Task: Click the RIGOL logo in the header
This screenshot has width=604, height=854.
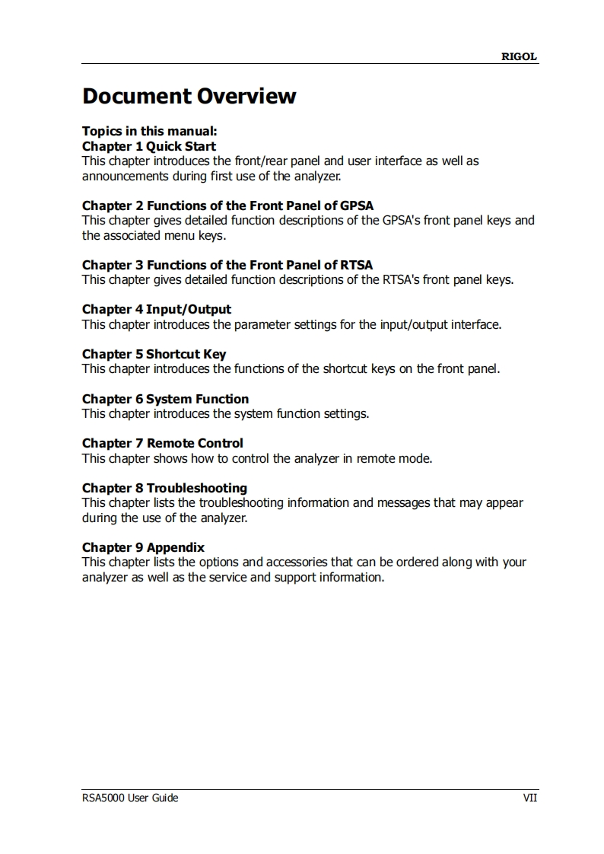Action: [x=519, y=56]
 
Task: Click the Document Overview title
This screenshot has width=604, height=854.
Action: [x=189, y=97]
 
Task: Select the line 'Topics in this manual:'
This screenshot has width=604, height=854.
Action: [x=150, y=131]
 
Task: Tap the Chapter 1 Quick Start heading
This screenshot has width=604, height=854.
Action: [x=149, y=146]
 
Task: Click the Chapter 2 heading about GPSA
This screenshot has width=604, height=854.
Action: [x=227, y=206]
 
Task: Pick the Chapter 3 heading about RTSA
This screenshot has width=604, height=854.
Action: [x=227, y=265]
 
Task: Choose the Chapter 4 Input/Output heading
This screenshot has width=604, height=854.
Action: [x=157, y=309]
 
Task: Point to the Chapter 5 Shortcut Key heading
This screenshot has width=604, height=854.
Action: [x=154, y=354]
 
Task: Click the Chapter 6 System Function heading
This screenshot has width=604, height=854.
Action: [x=165, y=399]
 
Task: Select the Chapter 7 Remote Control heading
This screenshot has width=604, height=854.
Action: [x=163, y=443]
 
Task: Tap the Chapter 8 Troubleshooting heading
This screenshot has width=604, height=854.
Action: [x=164, y=488]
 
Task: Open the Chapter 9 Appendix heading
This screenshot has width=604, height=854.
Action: [x=143, y=547]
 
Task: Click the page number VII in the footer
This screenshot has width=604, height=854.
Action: [x=529, y=798]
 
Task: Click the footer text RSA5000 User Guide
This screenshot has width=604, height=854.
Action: [x=130, y=798]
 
